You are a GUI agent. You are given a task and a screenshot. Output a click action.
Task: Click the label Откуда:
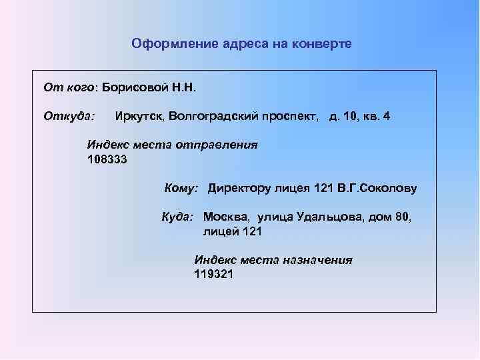click(69, 117)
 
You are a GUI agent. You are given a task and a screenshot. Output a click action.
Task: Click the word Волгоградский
click(213, 117)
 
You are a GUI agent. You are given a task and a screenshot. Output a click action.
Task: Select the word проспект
click(291, 117)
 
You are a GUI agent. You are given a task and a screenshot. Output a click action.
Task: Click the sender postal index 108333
click(107, 159)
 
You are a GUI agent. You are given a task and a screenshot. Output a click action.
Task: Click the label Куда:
click(178, 217)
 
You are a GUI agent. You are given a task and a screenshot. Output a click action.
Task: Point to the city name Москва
click(226, 217)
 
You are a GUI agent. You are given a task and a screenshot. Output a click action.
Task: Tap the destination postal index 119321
click(213, 273)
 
